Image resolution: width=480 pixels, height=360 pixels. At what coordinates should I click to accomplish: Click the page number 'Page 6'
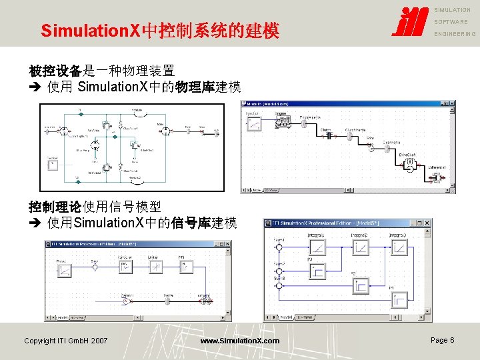442,340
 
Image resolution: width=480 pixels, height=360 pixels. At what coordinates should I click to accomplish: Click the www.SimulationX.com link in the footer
240,341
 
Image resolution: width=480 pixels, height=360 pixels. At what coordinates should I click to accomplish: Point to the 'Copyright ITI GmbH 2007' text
65,341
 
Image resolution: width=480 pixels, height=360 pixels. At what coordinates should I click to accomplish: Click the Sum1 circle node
279,247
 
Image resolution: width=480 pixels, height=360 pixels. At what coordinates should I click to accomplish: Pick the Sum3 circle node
279,286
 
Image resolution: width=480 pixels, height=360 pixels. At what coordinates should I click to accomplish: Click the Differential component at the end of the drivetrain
437,177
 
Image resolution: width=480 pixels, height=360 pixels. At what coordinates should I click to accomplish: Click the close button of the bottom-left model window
228,244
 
